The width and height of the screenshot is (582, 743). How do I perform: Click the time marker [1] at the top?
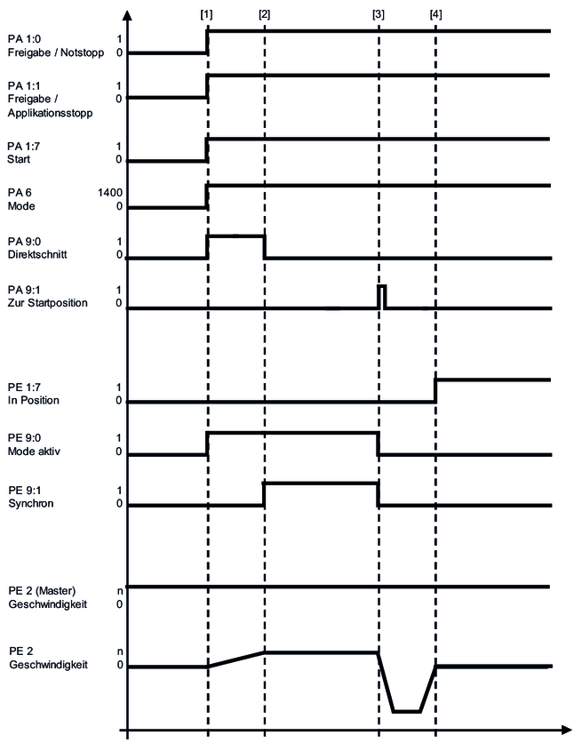207,14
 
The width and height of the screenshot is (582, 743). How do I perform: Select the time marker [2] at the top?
264,14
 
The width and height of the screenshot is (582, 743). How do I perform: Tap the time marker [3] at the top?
379,14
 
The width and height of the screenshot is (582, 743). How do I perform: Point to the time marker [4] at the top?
435,14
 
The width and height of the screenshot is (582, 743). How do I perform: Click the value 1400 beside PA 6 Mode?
110,191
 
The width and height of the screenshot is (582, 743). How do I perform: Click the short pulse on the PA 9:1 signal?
381,297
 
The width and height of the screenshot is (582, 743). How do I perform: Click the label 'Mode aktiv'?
34,452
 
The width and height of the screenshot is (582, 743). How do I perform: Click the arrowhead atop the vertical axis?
128,15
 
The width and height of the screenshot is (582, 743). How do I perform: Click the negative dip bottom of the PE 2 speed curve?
407,711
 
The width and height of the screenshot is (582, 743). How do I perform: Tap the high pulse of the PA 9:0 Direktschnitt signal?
235,236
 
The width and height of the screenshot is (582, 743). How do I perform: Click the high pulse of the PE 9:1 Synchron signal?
321,483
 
